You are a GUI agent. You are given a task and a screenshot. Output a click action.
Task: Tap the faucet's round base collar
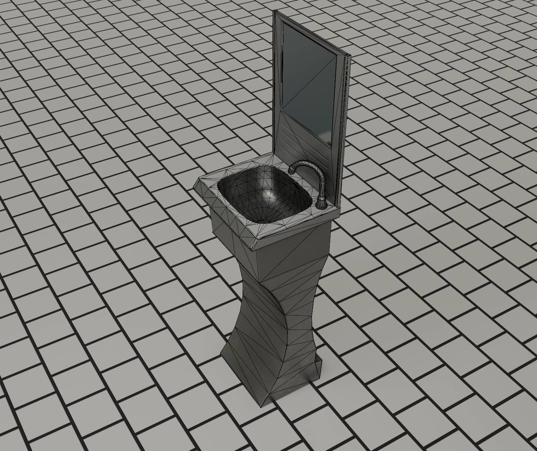point(321,202)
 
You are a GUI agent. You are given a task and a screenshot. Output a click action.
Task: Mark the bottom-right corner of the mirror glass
point(331,147)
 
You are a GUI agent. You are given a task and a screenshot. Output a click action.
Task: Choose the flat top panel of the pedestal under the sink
point(289,256)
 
